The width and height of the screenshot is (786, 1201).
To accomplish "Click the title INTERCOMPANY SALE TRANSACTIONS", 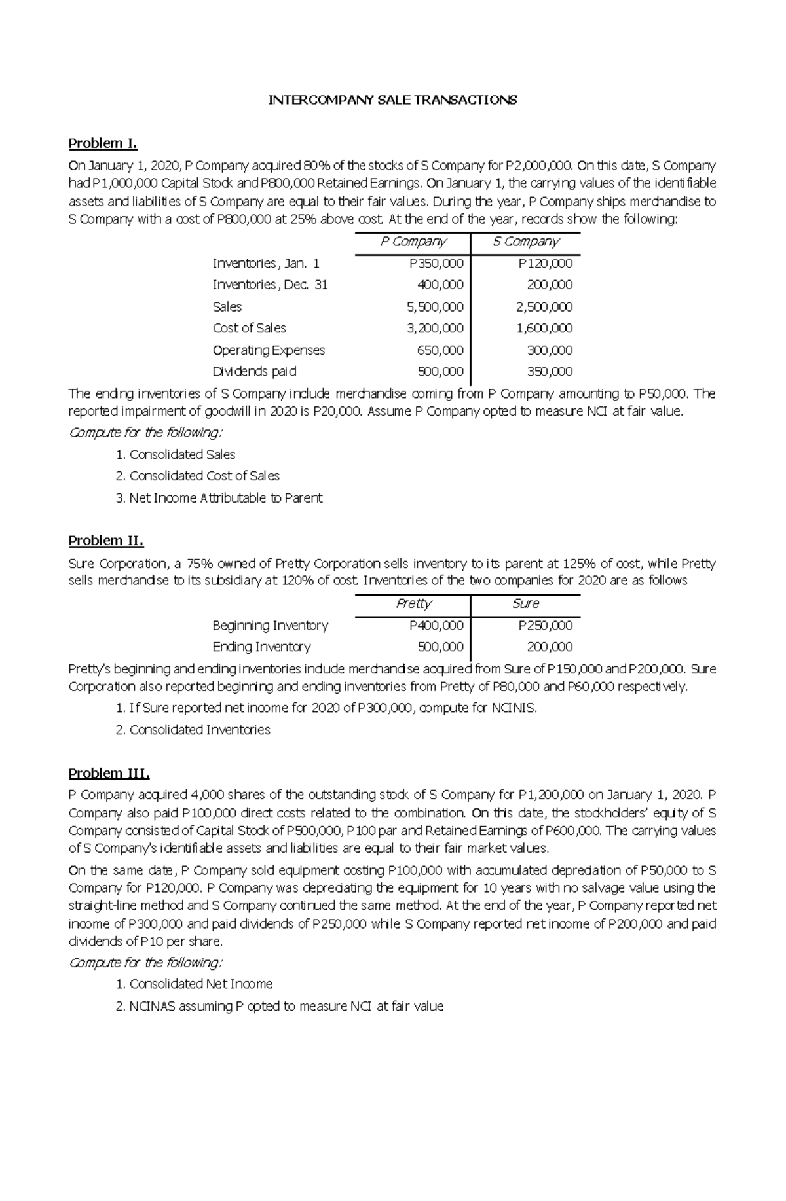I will [393, 100].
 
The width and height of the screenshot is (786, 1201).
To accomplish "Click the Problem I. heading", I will [103, 143].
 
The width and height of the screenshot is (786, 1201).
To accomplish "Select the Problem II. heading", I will [105, 541].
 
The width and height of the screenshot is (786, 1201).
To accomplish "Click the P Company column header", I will [413, 242].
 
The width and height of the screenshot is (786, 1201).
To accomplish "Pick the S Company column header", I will [525, 242].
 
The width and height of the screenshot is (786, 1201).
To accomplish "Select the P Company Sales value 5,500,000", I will [435, 306].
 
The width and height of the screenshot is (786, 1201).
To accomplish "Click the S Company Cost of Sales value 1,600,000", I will [544, 328].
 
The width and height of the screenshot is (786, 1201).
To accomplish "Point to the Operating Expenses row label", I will [269, 350].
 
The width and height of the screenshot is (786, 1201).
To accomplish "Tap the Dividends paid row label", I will [254, 372].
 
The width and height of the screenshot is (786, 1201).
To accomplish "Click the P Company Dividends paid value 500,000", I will [440, 372].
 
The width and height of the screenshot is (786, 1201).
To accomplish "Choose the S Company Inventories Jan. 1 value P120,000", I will [545, 263].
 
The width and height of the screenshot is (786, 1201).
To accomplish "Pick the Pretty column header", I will [414, 603].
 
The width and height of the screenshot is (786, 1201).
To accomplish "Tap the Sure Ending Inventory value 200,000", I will [550, 647].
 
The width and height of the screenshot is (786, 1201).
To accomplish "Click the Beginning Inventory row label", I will [270, 625].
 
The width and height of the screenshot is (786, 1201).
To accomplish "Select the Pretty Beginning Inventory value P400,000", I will [436, 625].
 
